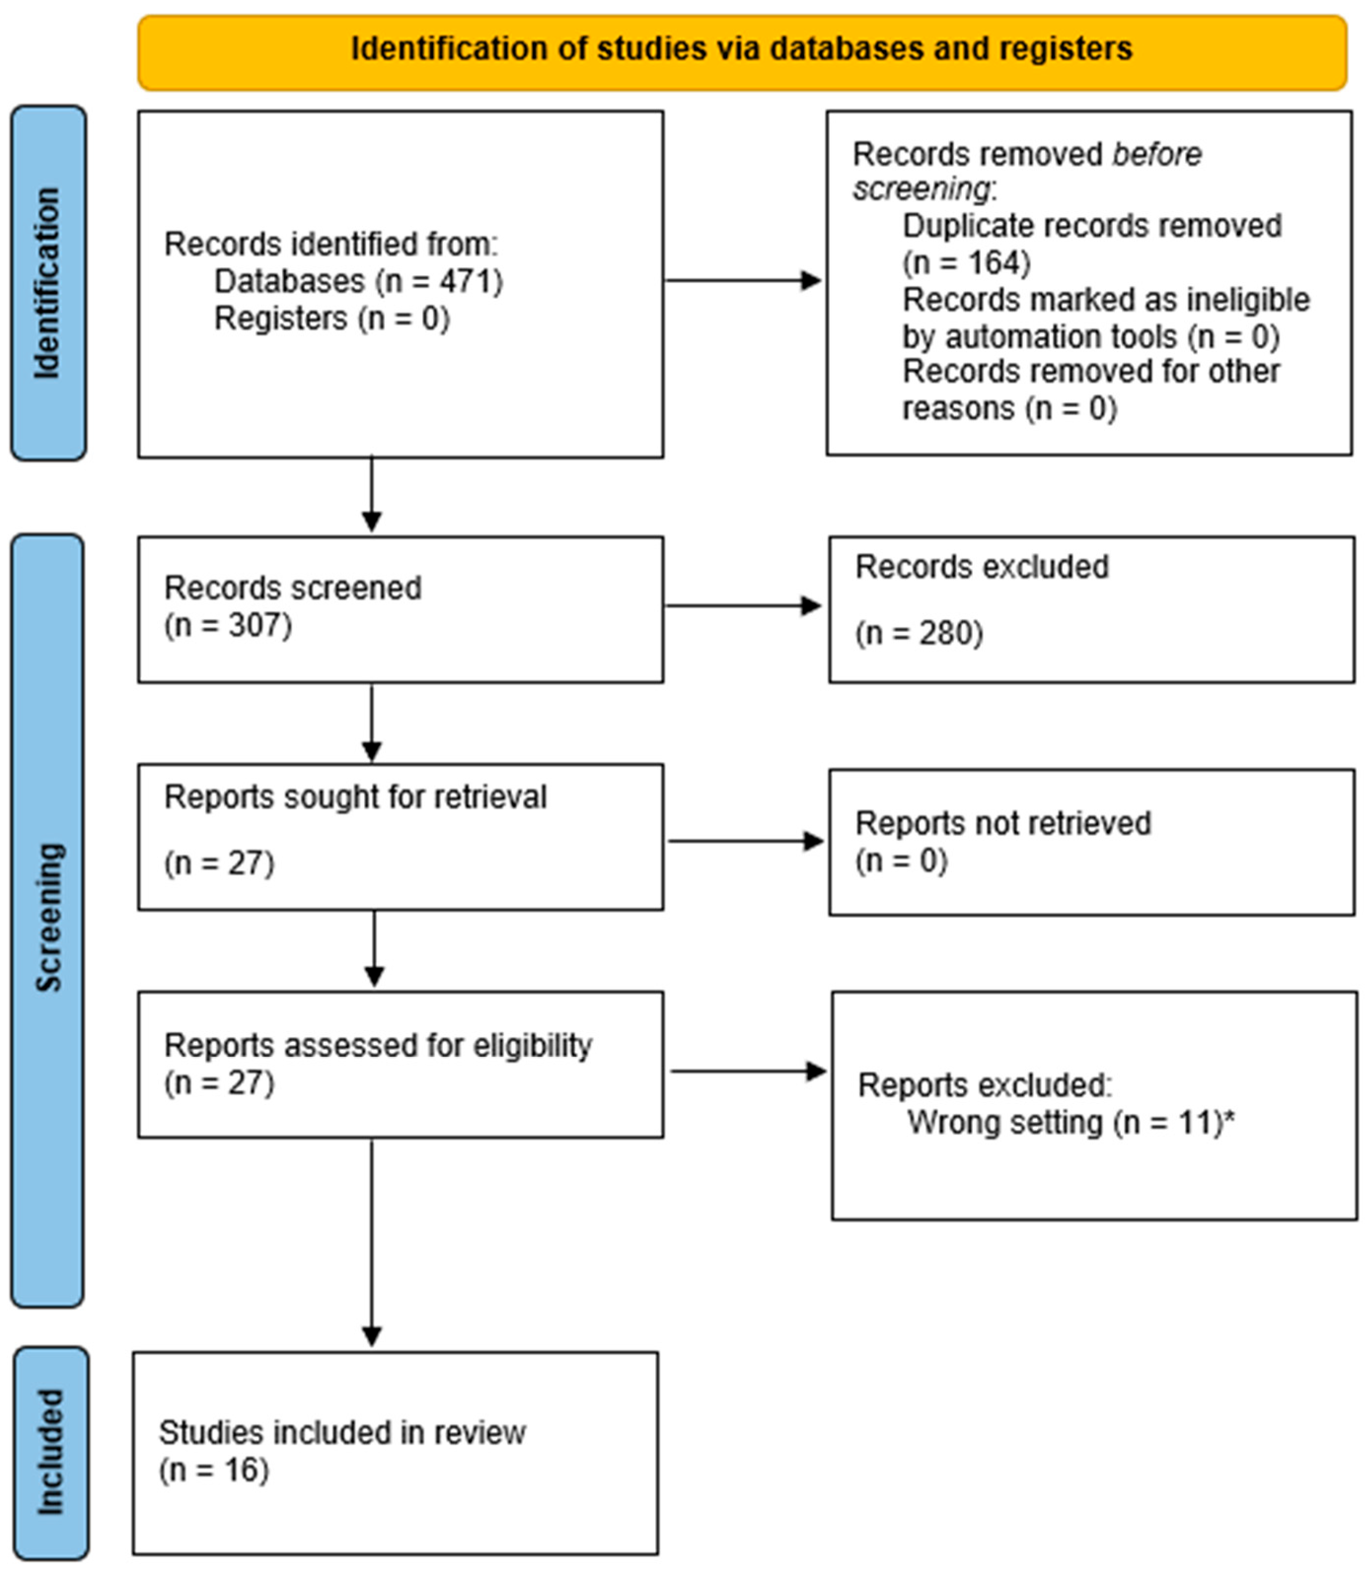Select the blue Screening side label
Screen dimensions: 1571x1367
[x=48, y=915]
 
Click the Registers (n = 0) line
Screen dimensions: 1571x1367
[x=332, y=318]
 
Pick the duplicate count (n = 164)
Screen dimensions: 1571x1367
[x=966, y=263]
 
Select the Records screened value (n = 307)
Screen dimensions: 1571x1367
[x=228, y=625]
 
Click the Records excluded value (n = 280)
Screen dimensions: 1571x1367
[x=919, y=633]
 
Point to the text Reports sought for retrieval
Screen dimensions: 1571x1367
[x=356, y=797]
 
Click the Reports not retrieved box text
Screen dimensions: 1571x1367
[x=1002, y=823]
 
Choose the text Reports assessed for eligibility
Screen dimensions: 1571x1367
[x=377, y=1045]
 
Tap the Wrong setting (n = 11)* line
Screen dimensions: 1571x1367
[x=1070, y=1123]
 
